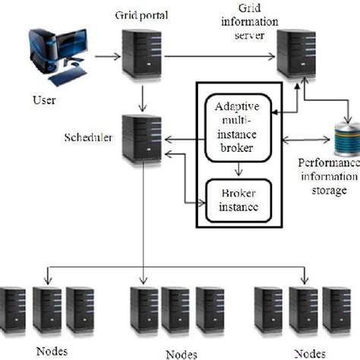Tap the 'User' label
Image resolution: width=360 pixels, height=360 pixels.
[43, 99]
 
